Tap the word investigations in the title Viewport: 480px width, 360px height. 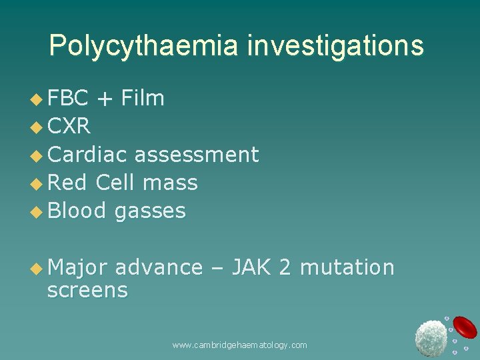(x=335, y=46)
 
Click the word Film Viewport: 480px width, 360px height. (x=143, y=99)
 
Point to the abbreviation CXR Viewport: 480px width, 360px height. (x=69, y=127)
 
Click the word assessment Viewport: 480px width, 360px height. (x=197, y=155)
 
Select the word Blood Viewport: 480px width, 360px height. (x=77, y=211)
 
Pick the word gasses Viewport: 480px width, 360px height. (x=150, y=212)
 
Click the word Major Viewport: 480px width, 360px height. (x=77, y=267)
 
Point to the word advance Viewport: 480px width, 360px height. (x=159, y=267)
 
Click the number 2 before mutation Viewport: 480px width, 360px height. (x=285, y=267)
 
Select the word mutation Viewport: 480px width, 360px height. (x=347, y=267)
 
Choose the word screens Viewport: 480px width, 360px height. (x=87, y=291)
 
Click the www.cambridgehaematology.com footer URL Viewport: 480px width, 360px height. (x=239, y=345)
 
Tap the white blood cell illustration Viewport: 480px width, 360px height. (x=431, y=338)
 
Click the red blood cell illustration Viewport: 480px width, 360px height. (x=465, y=327)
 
